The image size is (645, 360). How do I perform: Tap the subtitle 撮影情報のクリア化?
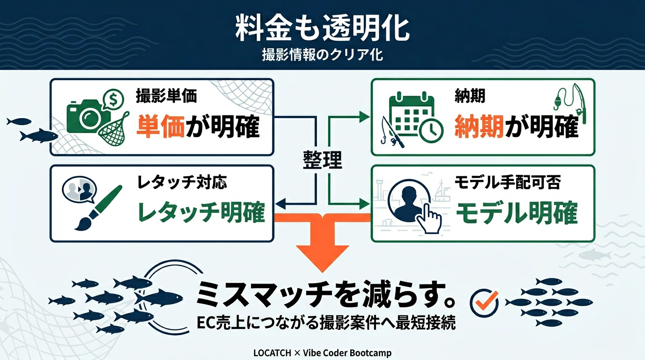(x=322, y=55)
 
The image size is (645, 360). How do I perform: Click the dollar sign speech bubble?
(x=112, y=99)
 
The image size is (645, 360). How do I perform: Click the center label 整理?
(x=322, y=160)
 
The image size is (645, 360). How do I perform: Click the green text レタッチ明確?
(x=201, y=212)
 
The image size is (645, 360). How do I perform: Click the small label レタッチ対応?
(x=182, y=182)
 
